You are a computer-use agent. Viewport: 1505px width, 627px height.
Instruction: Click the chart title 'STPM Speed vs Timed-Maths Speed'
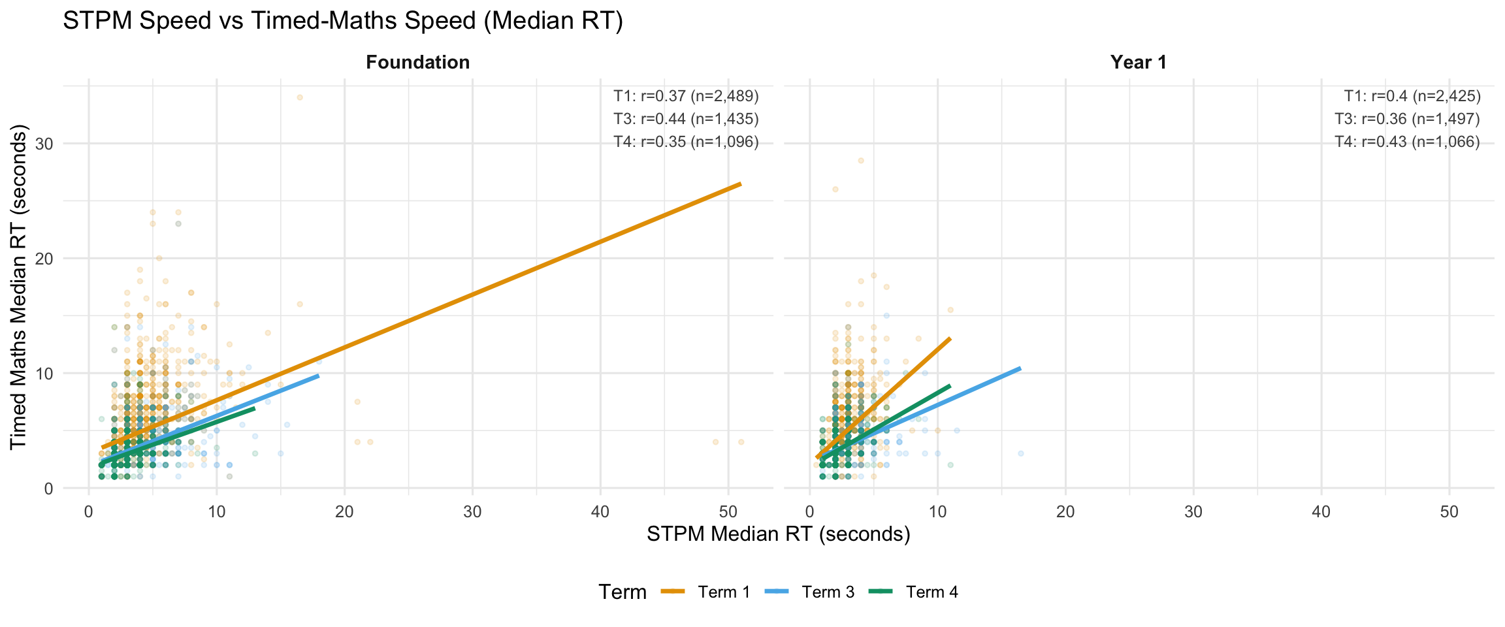click(342, 21)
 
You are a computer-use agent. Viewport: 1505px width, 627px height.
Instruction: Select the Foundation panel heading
click(417, 62)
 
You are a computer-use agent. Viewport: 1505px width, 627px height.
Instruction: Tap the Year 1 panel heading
click(1138, 62)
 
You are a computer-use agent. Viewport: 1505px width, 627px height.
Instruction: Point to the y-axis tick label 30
click(44, 144)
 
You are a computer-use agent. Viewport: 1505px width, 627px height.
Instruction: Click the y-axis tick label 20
click(44, 259)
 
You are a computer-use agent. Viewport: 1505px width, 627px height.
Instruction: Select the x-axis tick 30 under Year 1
click(1193, 511)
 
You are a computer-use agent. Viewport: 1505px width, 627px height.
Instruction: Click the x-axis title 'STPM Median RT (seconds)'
click(778, 534)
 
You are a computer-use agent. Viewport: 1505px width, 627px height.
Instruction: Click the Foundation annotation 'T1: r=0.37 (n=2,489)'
click(686, 97)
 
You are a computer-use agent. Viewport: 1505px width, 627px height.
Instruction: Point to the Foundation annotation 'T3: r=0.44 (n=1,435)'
click(686, 120)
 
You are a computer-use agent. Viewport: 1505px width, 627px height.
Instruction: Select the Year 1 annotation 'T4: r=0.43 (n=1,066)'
click(1407, 142)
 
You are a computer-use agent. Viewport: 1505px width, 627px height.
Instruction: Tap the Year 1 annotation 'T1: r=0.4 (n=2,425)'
click(1412, 97)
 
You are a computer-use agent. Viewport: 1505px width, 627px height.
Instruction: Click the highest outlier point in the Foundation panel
click(300, 97)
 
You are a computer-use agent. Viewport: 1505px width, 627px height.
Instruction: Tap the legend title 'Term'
click(622, 592)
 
